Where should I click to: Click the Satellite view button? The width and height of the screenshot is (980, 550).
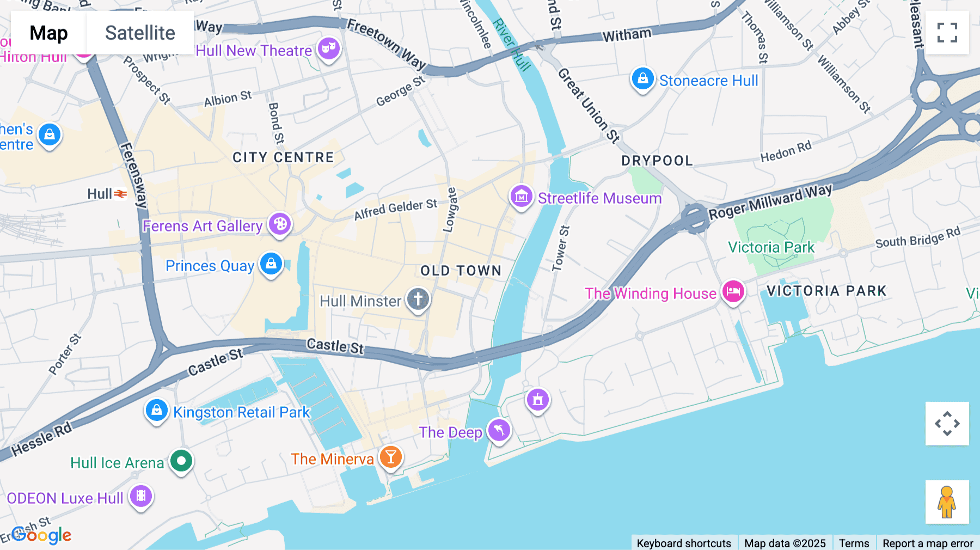(x=140, y=33)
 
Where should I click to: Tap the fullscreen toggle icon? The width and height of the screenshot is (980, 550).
(x=947, y=33)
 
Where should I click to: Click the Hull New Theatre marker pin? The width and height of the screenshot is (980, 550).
(x=329, y=49)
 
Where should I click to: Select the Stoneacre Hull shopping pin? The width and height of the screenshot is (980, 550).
(x=642, y=79)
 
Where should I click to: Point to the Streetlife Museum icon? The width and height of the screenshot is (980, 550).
(x=521, y=196)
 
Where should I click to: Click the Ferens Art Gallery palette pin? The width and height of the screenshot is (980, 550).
(x=280, y=224)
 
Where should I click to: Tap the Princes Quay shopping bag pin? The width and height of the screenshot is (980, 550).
(x=271, y=264)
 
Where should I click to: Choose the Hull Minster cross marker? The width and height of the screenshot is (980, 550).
(x=418, y=299)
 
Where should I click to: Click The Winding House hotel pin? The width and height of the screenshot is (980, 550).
(x=733, y=292)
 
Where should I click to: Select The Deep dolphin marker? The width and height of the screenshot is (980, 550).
(x=499, y=431)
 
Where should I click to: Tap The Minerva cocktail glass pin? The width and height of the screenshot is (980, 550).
(x=390, y=457)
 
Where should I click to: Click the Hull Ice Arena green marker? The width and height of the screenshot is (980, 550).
(x=181, y=461)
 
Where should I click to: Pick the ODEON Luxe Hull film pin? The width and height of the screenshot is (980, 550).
(x=141, y=496)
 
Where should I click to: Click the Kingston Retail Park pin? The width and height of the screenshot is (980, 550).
(x=157, y=410)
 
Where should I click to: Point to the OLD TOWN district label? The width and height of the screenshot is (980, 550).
(x=461, y=271)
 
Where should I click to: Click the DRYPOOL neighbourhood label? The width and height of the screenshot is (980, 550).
(x=657, y=161)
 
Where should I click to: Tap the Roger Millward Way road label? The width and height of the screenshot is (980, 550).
(x=770, y=201)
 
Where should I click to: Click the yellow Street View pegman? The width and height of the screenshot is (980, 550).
(x=947, y=502)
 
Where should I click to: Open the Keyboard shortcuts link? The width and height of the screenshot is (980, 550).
(x=684, y=543)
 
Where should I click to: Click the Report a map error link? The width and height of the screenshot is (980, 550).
(x=928, y=543)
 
